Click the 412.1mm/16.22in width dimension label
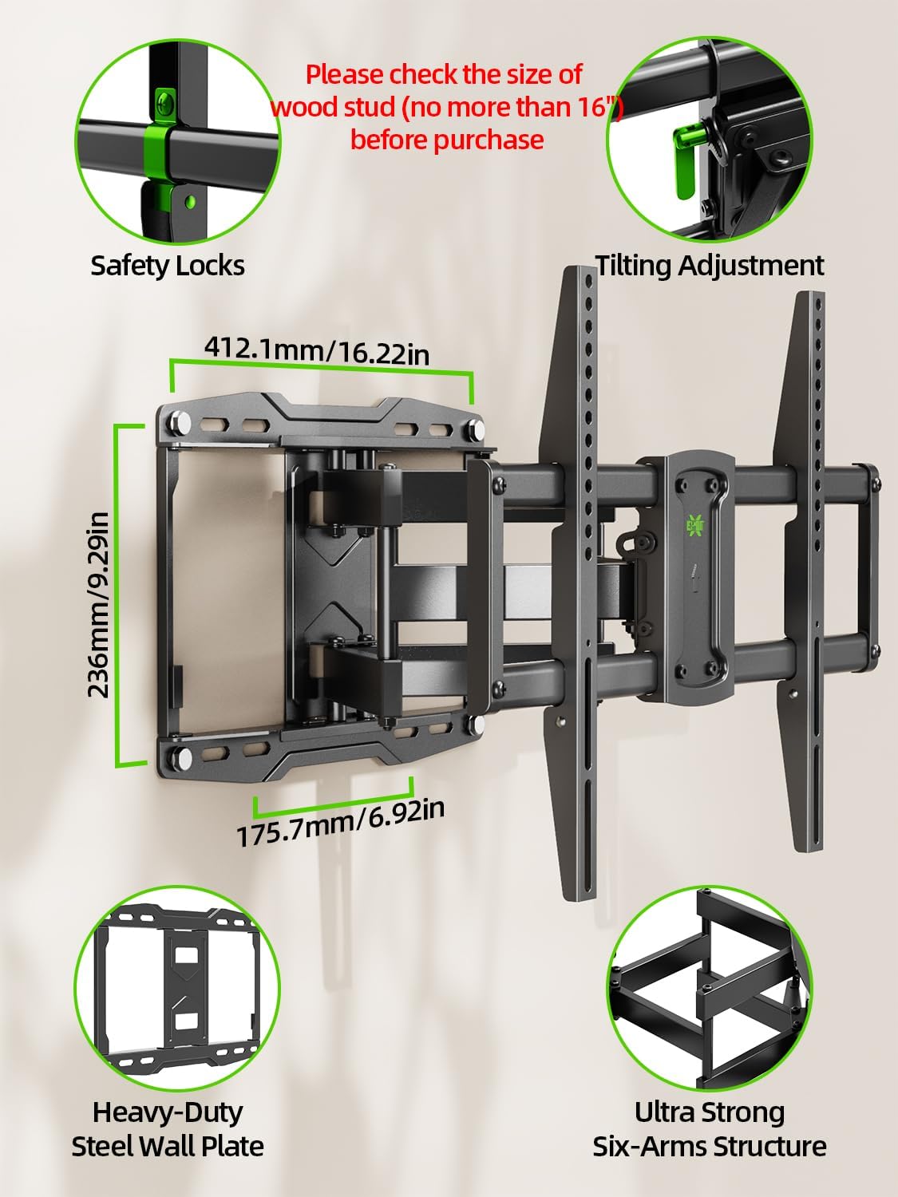pos(317,350)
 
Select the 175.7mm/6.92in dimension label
pos(341,823)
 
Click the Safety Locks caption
pos(168,265)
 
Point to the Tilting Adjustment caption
pos(710,265)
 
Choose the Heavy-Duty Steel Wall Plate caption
pos(168,1128)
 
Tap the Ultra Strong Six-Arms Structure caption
pos(710,1128)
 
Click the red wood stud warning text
pos(445,107)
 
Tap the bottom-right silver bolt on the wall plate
pos(477,725)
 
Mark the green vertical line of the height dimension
pos(119,595)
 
